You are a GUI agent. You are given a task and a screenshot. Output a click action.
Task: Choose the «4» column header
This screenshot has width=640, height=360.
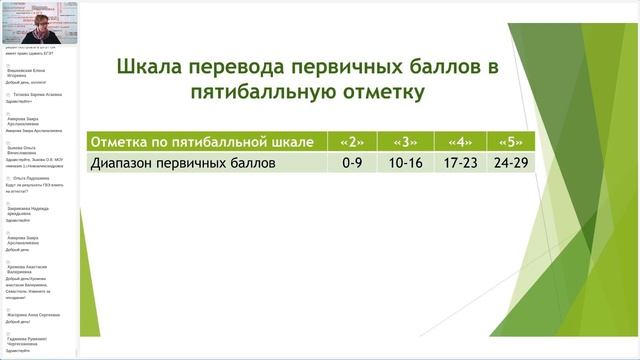click(460, 140)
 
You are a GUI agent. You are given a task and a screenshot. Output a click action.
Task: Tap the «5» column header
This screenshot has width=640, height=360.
click(513, 140)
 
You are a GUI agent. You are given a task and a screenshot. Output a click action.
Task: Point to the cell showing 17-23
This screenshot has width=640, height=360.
click(460, 162)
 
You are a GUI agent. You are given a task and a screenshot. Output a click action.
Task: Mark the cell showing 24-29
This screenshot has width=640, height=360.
click(513, 162)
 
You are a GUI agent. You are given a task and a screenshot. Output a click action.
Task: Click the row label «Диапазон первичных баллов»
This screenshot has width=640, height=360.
click(181, 162)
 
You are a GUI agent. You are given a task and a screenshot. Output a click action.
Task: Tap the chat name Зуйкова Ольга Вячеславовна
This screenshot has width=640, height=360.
click(22, 148)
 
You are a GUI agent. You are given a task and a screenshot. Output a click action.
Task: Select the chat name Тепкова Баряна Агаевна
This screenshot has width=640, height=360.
click(38, 94)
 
